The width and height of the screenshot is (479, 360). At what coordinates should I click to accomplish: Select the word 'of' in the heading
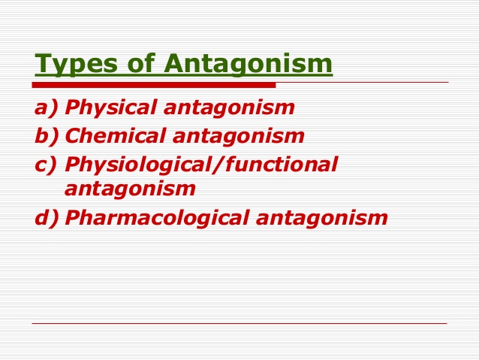tap(134, 64)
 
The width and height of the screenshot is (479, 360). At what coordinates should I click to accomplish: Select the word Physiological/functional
tap(201, 164)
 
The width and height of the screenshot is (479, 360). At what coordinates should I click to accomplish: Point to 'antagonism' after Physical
tap(229, 107)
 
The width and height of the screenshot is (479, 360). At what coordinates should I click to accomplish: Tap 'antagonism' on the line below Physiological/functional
tap(130, 188)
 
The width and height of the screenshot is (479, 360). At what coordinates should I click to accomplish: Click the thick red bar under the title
tap(154, 85)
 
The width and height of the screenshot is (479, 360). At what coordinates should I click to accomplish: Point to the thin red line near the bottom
tap(239, 324)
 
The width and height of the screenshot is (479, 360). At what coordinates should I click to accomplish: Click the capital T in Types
tap(43, 64)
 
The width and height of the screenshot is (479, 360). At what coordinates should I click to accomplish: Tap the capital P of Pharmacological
tap(72, 217)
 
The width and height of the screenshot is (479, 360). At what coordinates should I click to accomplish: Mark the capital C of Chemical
tap(74, 136)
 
